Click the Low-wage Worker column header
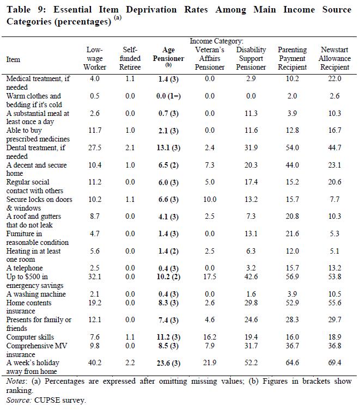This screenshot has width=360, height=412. pos(95,58)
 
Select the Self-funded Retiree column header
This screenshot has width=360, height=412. pos(130,58)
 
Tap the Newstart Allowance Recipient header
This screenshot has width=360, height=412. pos(334,58)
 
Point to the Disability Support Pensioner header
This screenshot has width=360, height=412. pos(251,58)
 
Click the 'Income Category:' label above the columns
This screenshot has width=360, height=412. pos(216,41)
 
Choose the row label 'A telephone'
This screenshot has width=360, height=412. pos(25,268)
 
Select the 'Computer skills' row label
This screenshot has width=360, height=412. pos(30,337)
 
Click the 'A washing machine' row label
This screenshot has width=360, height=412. pos(36,294)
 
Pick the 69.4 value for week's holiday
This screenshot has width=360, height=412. pos(334,363)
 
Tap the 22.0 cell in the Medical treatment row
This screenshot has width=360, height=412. pos(334,78)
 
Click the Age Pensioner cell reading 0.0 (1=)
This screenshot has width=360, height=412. pos(168,96)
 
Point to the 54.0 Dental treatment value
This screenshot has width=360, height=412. pos(292,147)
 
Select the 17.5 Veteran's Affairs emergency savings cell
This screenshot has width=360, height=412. pos(210,276)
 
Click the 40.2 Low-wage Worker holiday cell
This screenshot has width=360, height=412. pos(95,363)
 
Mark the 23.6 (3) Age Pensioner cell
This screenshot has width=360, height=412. pos(168,363)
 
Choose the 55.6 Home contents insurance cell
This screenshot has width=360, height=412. pos(334,303)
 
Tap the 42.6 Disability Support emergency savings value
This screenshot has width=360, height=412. pos(251,276)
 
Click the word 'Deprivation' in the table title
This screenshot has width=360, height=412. pos(151,10)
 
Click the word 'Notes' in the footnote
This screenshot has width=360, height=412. pos(16,382)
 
